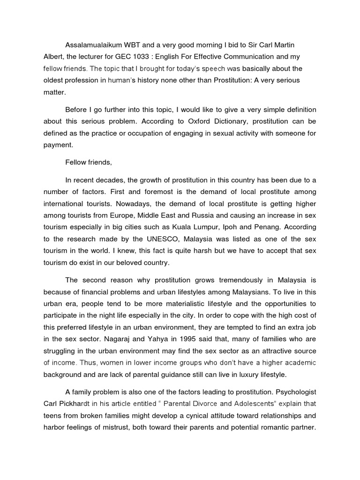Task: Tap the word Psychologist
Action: click(294, 387)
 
